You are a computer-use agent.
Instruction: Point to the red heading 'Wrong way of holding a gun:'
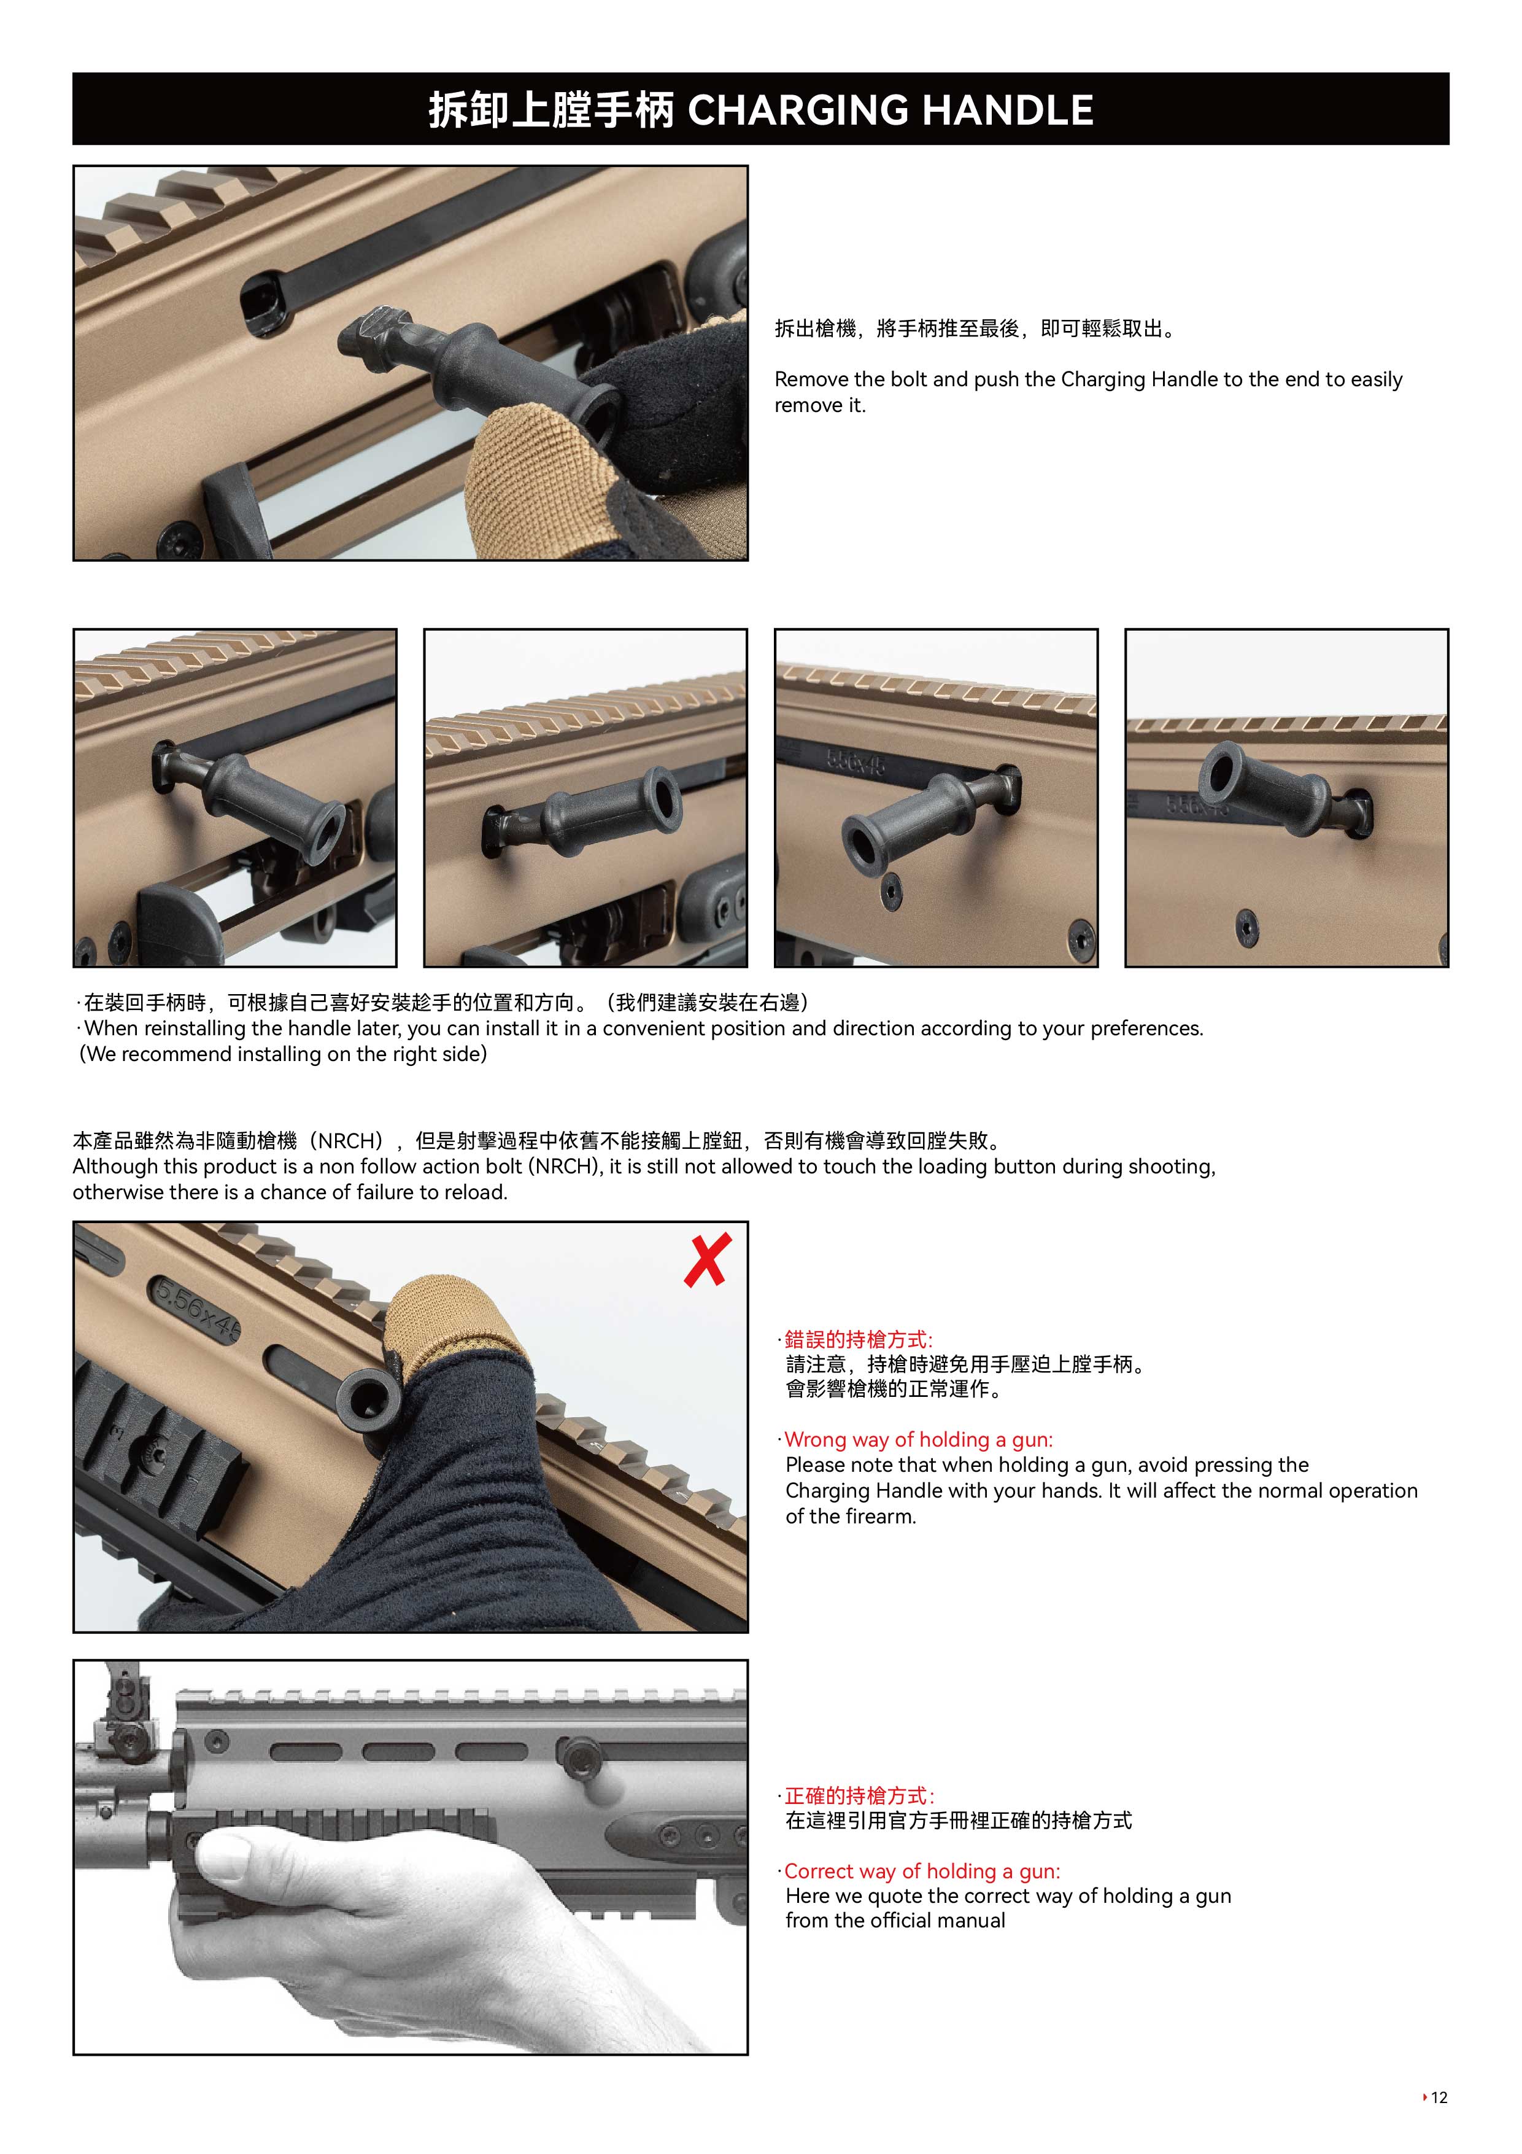click(x=918, y=1439)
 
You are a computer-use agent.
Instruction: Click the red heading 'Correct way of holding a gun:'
click(x=922, y=1871)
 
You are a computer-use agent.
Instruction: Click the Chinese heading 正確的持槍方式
click(x=858, y=1795)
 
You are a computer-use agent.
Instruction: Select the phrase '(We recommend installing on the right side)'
click(x=282, y=1054)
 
